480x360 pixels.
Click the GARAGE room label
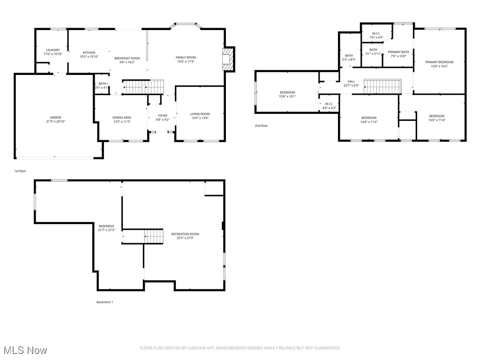click(x=56, y=118)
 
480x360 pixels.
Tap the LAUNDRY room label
click(x=53, y=50)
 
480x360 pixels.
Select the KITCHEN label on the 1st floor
click(x=89, y=52)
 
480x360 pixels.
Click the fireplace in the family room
click(x=228, y=59)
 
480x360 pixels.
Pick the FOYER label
click(x=163, y=115)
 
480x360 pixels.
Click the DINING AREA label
click(x=121, y=118)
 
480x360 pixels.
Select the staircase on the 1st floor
click(x=143, y=87)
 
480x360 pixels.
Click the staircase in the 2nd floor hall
click(x=383, y=86)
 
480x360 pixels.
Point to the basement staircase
click(x=153, y=237)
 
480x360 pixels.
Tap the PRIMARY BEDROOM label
click(x=439, y=62)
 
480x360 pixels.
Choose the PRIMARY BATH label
click(x=398, y=52)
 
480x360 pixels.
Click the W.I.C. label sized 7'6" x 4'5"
click(x=376, y=33)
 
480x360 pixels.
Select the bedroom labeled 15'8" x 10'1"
click(x=287, y=92)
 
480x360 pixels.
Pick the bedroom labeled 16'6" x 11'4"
click(x=436, y=116)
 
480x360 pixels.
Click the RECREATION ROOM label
click(x=185, y=234)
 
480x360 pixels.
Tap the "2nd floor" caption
click(x=261, y=126)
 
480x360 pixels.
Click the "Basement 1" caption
click(x=105, y=302)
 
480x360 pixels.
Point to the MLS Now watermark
click(x=24, y=350)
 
